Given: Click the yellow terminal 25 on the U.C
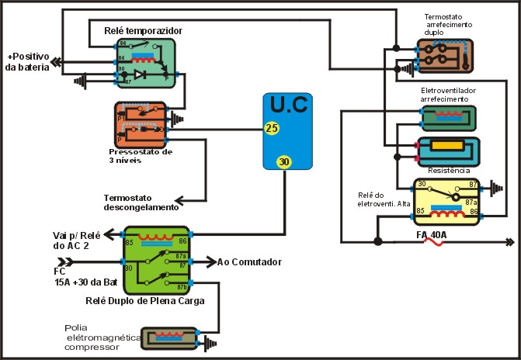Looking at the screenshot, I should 271,127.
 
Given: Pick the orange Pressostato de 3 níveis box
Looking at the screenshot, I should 141,121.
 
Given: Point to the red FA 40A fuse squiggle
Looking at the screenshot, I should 432,242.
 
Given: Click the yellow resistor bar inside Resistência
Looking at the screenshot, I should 447,147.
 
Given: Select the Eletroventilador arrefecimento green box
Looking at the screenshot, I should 448,117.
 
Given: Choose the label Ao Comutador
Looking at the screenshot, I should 249,261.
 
